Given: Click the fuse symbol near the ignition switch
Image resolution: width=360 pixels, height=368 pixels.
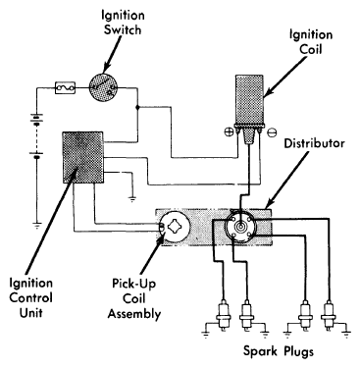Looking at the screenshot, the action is (x=65, y=87).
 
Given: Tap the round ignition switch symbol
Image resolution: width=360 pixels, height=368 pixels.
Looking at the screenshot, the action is (x=103, y=87).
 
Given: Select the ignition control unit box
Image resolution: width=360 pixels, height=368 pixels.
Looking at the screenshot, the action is (x=82, y=157).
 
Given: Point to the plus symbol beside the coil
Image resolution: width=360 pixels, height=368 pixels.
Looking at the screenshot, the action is (x=228, y=132).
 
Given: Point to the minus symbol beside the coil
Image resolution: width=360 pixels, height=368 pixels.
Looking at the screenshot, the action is (x=272, y=132).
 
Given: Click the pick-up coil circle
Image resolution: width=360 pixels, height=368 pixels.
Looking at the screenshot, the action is (x=175, y=227).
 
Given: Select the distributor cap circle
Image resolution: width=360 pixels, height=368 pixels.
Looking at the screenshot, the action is (x=240, y=226).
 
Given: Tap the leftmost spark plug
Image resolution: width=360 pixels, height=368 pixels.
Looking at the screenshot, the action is (x=224, y=314).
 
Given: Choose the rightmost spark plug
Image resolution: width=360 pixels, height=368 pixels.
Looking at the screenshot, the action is (x=329, y=314).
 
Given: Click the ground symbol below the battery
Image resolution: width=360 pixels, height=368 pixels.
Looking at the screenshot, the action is (x=37, y=225).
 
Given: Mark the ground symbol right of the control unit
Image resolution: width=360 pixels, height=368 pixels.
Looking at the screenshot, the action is (x=132, y=199).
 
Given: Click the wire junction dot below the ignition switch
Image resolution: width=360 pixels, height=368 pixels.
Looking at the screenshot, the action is (x=137, y=107).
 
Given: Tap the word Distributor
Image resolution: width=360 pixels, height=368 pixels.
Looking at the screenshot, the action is (x=314, y=143).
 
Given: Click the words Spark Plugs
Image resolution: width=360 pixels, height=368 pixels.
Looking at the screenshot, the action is (x=279, y=351).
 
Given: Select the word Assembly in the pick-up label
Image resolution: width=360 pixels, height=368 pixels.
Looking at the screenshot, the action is (x=134, y=314).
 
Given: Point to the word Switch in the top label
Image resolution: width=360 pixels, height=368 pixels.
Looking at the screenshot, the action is (x=123, y=29).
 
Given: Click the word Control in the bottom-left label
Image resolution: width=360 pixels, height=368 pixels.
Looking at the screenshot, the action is (x=30, y=297).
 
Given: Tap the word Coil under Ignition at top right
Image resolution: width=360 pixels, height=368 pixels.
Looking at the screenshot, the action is (x=311, y=49).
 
